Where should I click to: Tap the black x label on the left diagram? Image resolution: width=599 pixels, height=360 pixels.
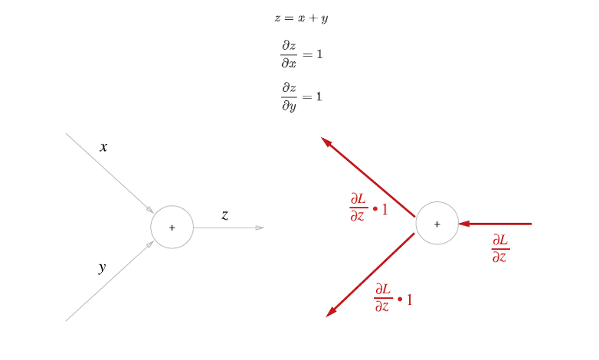[103, 147]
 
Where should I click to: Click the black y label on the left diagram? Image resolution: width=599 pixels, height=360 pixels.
[102, 267]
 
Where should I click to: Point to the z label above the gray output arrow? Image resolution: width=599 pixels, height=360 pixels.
[224, 215]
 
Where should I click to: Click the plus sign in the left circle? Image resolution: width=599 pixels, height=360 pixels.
[172, 227]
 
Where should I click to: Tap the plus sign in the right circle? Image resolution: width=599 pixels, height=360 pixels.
[437, 224]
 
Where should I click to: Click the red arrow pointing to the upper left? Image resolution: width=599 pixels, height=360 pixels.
[368, 177]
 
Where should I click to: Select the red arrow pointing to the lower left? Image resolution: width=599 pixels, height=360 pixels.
[370, 275]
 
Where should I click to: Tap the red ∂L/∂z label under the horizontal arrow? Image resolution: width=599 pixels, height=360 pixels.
[499, 248]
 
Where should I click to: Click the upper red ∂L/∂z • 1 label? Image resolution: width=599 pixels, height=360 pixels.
[368, 208]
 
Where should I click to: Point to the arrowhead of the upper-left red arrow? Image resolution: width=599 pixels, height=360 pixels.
[325, 141]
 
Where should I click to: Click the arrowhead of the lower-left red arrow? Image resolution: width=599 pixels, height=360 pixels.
[330, 313]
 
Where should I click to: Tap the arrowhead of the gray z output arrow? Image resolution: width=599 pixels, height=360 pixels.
[260, 227]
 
